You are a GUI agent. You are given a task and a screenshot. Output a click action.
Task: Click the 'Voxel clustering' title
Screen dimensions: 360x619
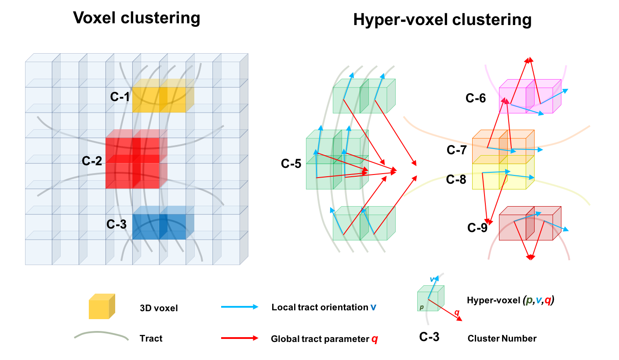[136, 18]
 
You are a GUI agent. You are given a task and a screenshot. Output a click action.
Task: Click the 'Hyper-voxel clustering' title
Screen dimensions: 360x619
[442, 20]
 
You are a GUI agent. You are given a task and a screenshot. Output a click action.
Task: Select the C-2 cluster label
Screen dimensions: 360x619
[92, 161]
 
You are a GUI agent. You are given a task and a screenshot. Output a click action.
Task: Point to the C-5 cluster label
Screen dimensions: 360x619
[291, 164]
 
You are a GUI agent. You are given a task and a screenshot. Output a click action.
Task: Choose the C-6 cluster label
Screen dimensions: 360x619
[476, 98]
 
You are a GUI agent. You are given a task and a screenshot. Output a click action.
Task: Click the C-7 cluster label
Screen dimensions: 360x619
[456, 150]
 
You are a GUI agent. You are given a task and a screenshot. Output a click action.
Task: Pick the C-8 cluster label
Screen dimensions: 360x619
[456, 179]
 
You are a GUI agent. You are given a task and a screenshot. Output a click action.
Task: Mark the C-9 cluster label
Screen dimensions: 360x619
[477, 228]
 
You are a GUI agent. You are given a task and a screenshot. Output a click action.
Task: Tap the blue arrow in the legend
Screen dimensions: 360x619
[239, 307]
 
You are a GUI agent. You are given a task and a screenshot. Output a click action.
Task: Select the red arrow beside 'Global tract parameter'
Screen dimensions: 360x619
[239, 338]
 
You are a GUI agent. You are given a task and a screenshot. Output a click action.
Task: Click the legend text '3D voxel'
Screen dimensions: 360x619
[159, 308]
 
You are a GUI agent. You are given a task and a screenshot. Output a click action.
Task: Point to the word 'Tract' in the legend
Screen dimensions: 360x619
[151, 338]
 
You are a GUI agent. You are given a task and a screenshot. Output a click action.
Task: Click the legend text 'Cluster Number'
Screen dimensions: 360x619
[502, 338]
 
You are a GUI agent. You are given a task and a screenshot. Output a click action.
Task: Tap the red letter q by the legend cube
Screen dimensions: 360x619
[457, 313]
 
